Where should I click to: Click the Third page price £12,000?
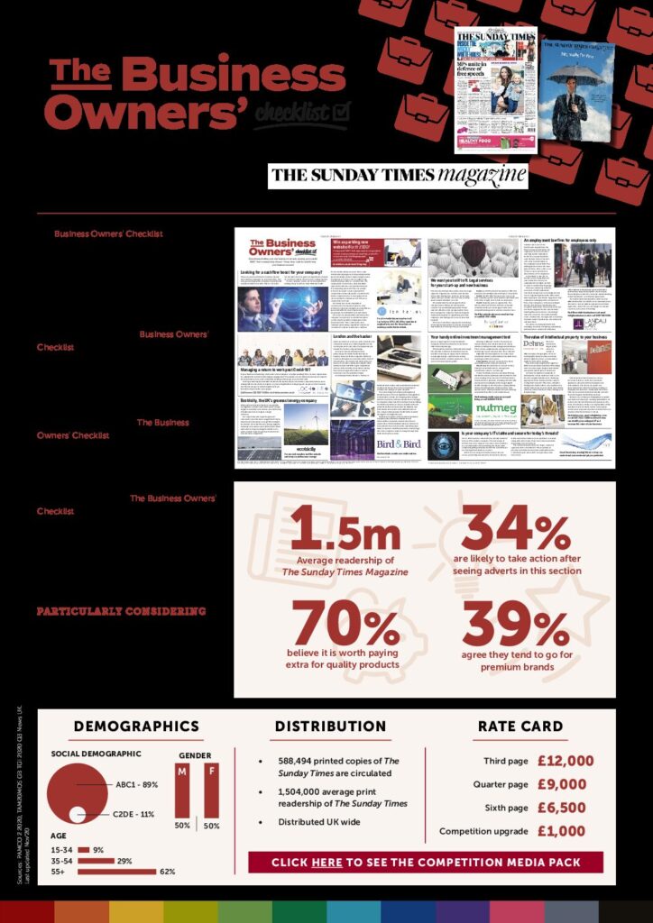tap(566, 761)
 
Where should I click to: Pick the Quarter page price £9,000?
tap(561, 784)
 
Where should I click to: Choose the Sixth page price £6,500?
tap(561, 808)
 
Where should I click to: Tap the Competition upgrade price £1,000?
tap(561, 831)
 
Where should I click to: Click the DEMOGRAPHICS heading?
tap(136, 727)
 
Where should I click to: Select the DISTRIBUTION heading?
tap(330, 727)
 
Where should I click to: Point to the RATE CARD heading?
tap(520, 727)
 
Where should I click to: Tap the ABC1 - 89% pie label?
tap(136, 785)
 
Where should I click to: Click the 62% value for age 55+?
tap(167, 872)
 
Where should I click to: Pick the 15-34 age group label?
tap(62, 849)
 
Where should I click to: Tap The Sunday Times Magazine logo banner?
tap(398, 175)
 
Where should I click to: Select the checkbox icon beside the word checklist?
tap(340, 111)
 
